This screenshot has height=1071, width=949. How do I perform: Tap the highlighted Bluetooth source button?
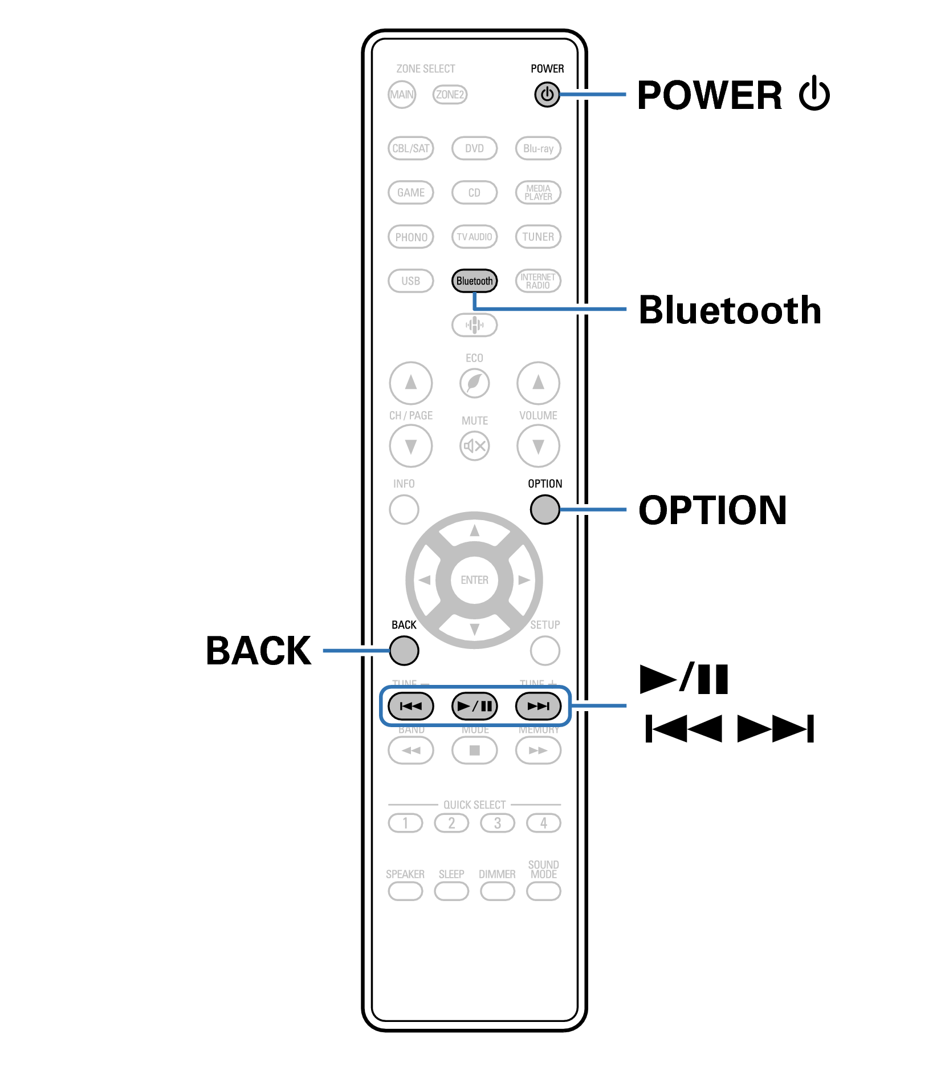[x=474, y=281]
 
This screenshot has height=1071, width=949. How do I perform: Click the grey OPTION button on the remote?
[x=544, y=509]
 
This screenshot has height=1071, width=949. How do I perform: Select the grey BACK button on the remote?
[x=404, y=650]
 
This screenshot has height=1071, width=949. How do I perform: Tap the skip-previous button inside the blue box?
[x=410, y=706]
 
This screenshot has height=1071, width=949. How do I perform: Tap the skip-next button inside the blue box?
[x=538, y=706]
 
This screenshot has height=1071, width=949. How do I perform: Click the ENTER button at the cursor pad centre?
[x=474, y=580]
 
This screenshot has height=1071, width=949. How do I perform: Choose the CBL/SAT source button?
[x=410, y=148]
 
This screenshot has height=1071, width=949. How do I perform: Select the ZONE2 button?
[x=450, y=95]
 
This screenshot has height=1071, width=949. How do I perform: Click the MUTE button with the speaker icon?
[x=474, y=445]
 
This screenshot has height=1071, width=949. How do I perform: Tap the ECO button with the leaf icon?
[x=474, y=383]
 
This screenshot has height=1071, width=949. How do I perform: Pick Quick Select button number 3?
[x=497, y=823]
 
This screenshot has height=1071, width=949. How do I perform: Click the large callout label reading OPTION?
[x=712, y=510]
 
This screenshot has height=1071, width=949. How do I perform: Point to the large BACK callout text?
[x=258, y=651]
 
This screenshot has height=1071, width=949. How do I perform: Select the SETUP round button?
[x=544, y=650]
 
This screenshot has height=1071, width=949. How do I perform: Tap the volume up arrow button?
[x=538, y=383]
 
